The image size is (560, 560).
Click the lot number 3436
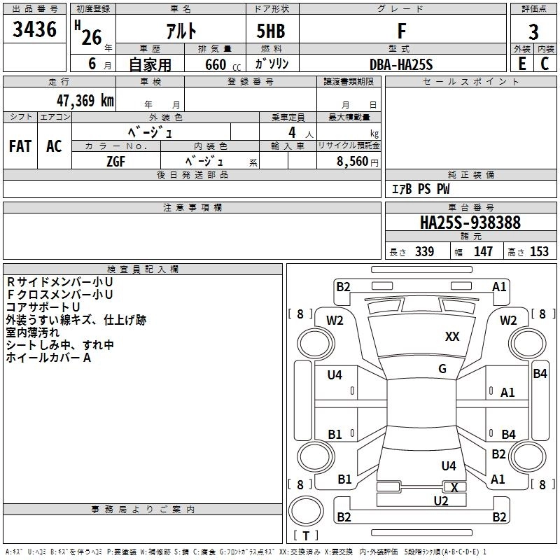point(34,29)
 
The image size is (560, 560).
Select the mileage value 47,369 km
point(85,101)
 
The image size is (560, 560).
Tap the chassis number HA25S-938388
point(470,223)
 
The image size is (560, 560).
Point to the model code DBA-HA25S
point(401,64)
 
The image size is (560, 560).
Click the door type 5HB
point(271,31)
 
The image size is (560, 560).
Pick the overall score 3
point(533,32)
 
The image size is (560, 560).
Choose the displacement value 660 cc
point(223,65)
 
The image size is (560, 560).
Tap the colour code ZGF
point(116,162)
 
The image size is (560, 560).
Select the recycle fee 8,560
point(353,162)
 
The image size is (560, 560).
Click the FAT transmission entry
point(20,146)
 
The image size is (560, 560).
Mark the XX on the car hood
point(452,337)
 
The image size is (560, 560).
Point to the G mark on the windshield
point(442,369)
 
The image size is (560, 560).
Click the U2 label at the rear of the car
point(441,500)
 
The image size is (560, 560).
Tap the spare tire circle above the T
point(306,511)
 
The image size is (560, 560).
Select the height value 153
point(539,252)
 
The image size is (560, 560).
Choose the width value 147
point(483,252)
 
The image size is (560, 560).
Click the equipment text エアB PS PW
point(421,189)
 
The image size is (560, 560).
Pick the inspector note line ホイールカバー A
point(48,358)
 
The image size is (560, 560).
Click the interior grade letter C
point(545,64)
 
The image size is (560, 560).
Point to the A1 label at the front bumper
point(499,287)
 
